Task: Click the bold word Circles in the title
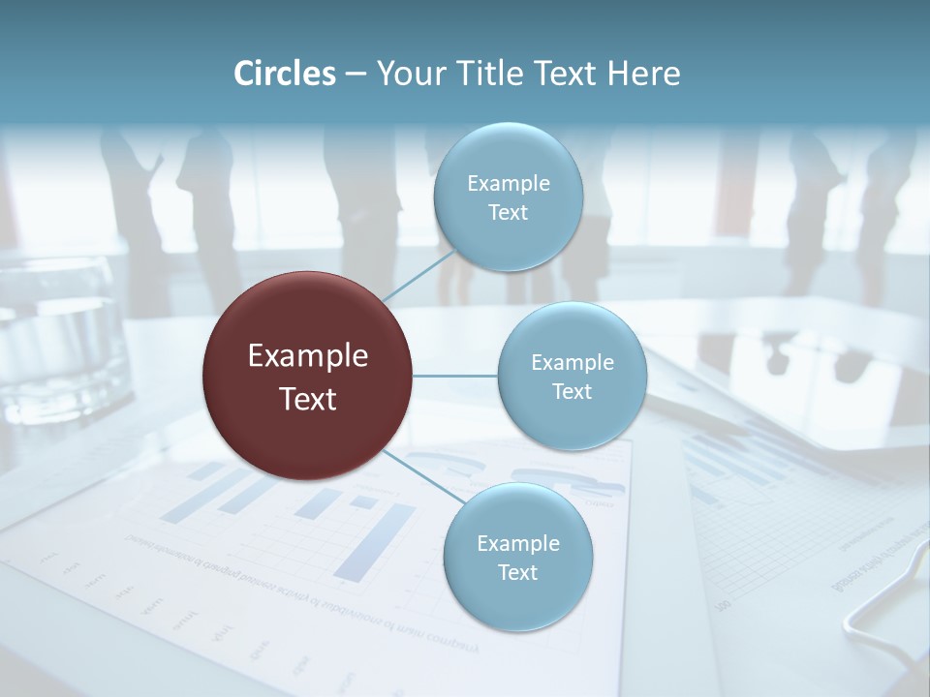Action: point(284,74)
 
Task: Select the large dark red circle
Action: point(307,376)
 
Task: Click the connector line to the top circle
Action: point(418,275)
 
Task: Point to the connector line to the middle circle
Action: point(455,376)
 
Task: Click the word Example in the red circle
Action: point(307,356)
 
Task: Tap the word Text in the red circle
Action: point(307,399)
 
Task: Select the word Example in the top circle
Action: point(508,184)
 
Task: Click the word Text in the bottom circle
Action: point(517,573)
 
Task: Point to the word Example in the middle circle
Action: point(572,363)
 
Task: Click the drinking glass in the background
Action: point(58,339)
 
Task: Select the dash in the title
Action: point(356,75)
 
